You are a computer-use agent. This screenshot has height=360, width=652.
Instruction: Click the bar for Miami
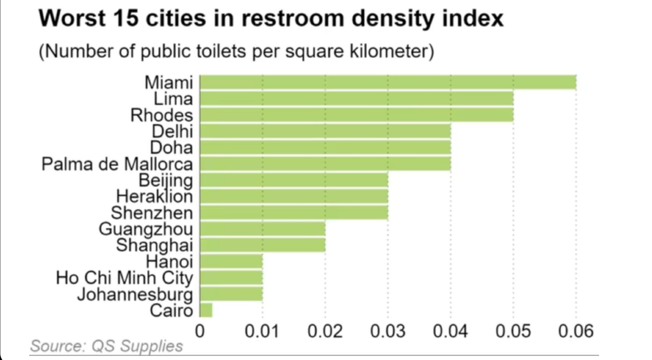388,82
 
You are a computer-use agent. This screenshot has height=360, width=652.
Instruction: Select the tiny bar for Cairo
206,310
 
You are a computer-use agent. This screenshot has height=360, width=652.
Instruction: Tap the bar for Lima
356,99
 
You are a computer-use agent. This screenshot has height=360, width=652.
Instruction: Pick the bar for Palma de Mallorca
325,164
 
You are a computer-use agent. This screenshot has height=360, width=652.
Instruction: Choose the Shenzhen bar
294,212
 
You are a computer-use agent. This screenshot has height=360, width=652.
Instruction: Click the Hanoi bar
231,261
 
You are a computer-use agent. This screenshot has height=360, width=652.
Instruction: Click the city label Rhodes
162,115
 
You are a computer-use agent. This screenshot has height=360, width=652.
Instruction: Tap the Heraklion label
154,197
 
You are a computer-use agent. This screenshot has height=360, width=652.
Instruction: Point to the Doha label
171,148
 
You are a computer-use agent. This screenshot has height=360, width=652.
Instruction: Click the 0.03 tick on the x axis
388,331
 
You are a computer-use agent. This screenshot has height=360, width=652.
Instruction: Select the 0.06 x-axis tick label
576,331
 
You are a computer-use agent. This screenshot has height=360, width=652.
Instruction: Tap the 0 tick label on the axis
199,331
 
